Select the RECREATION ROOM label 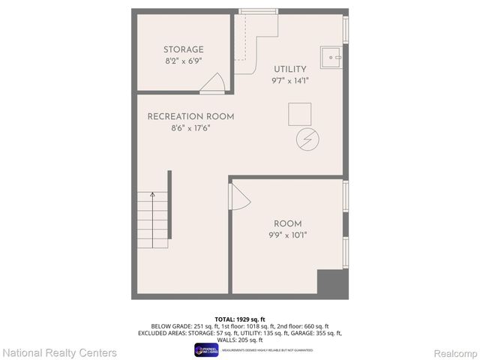point(190,116)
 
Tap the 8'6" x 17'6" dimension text point(190,127)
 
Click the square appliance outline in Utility point(301,114)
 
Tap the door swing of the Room point(238,199)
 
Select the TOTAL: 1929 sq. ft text point(240,318)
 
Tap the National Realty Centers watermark point(60,352)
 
